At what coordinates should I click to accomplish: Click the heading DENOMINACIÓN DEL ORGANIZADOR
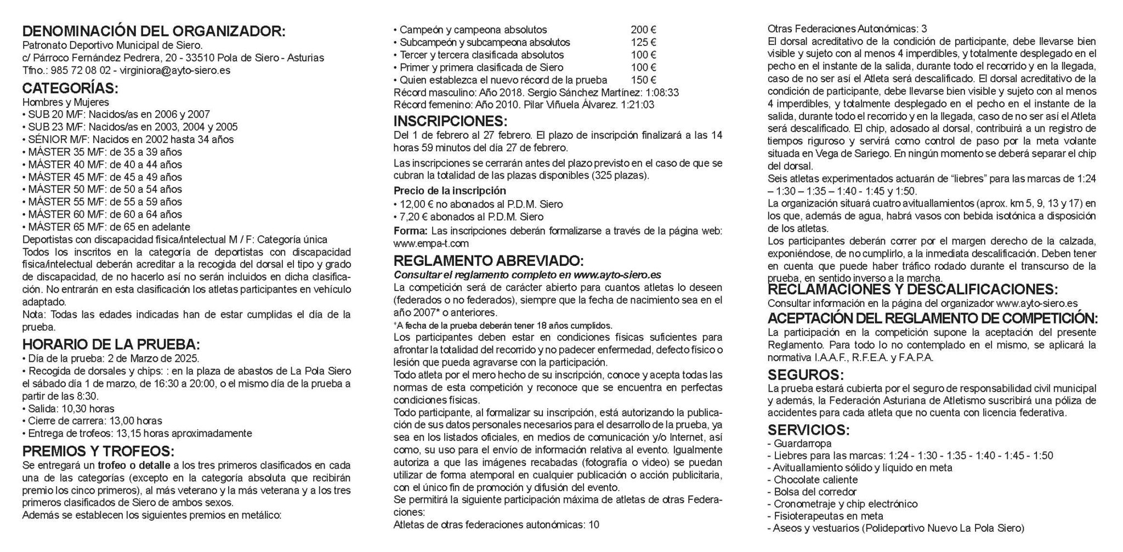(154, 31)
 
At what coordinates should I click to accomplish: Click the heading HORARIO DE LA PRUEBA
(111, 345)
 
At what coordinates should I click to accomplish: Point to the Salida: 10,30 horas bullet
(68, 409)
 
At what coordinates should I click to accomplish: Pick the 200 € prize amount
(643, 30)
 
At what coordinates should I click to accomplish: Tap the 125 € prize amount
(643, 43)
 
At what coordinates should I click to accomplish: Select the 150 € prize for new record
(643, 80)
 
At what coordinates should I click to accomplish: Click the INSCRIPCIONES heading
(450, 121)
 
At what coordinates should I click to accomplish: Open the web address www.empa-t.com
(431, 243)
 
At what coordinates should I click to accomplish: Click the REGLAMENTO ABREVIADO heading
(489, 260)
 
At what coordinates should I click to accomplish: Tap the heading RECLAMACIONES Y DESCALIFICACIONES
(912, 289)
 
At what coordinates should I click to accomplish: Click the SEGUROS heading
(805, 375)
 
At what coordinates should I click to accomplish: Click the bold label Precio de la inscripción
(450, 191)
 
